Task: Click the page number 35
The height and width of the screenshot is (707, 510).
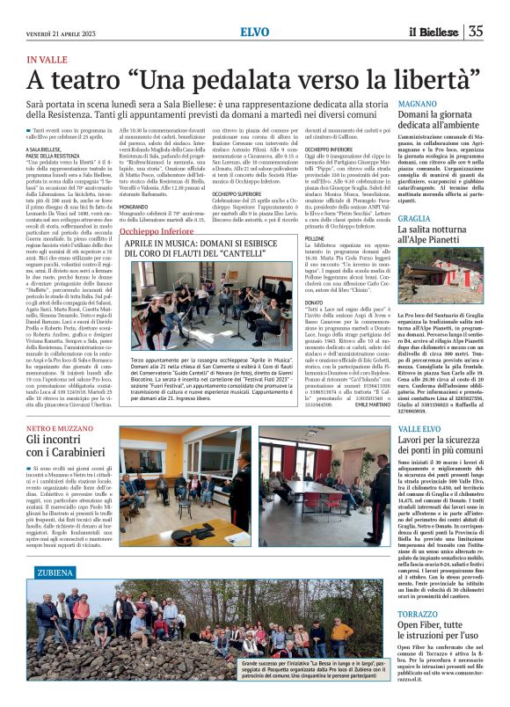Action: coord(476,32)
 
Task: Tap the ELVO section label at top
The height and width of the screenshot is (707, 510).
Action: coord(255,32)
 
